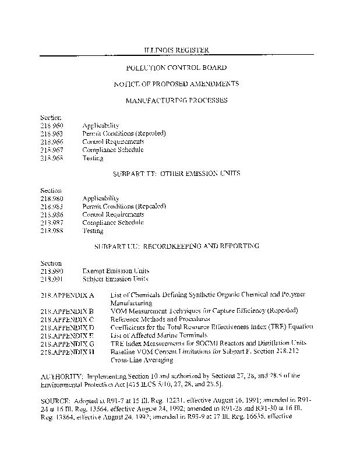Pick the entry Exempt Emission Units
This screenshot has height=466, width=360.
click(x=116, y=271)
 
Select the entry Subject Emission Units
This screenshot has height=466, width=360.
click(x=116, y=279)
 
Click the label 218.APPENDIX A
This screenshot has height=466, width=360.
click(x=68, y=295)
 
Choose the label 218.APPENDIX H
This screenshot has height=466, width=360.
click(x=68, y=352)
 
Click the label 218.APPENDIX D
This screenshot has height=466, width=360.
click(x=68, y=328)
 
